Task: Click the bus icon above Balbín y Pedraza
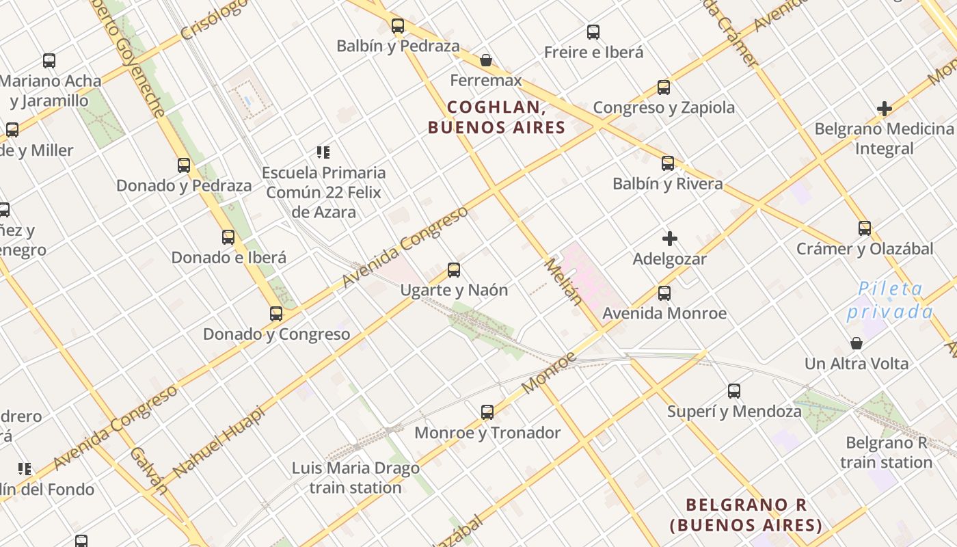click(x=397, y=26)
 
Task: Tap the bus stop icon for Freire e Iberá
click(x=593, y=31)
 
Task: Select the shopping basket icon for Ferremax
click(x=486, y=60)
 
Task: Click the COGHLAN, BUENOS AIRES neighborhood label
click(x=497, y=118)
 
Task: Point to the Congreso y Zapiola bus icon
click(x=664, y=87)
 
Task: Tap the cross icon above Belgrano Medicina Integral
click(x=885, y=109)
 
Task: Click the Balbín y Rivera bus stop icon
click(x=668, y=163)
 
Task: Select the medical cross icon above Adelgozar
click(x=670, y=239)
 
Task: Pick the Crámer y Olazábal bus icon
click(x=865, y=228)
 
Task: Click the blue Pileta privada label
click(x=890, y=300)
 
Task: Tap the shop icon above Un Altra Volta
click(x=857, y=343)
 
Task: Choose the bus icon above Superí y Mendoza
click(x=734, y=390)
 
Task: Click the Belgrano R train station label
click(x=886, y=453)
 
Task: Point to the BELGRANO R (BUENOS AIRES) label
click(x=746, y=515)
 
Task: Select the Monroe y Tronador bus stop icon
click(x=487, y=412)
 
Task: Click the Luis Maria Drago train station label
click(x=355, y=478)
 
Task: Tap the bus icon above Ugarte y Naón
click(x=454, y=269)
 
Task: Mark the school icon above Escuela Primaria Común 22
click(x=323, y=152)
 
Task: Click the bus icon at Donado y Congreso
click(x=276, y=313)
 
